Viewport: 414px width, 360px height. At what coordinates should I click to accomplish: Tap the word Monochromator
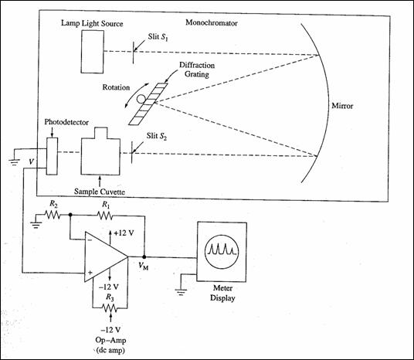(212, 22)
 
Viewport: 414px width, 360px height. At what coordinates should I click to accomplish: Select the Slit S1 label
(158, 37)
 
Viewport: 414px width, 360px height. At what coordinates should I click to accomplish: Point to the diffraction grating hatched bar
(148, 104)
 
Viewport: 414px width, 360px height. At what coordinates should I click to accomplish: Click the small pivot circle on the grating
(141, 99)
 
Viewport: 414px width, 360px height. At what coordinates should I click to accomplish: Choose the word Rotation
(116, 87)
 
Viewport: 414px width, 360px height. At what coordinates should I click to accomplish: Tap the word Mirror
(342, 106)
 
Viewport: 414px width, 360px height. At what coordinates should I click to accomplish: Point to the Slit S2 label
(157, 136)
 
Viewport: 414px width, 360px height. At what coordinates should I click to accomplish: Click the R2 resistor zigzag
(53, 215)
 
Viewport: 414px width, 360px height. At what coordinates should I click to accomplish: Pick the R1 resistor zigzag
(105, 216)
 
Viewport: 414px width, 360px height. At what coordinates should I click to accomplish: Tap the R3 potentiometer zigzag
(110, 308)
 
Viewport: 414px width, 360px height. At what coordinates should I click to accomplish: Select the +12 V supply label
(124, 233)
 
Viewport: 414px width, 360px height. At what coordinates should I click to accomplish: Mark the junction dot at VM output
(144, 256)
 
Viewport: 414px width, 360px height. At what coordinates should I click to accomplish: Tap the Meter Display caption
(222, 293)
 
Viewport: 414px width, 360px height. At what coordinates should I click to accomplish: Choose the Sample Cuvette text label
(100, 192)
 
